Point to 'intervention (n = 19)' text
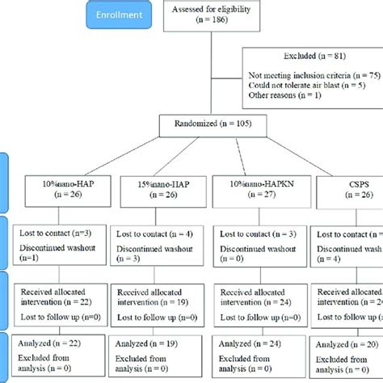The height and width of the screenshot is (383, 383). pyautogui.click(x=158, y=301)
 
